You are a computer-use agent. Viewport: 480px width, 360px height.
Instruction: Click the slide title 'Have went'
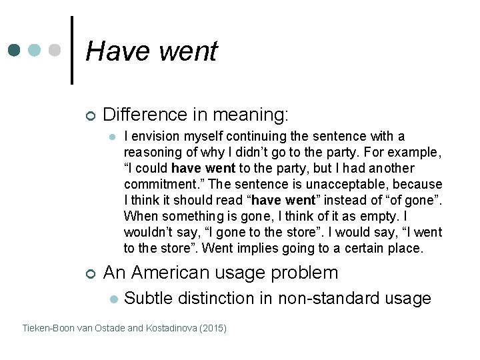point(151,51)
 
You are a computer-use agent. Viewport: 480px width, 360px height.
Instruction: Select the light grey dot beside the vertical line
point(56,51)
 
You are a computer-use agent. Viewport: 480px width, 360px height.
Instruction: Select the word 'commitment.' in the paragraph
point(157,185)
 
